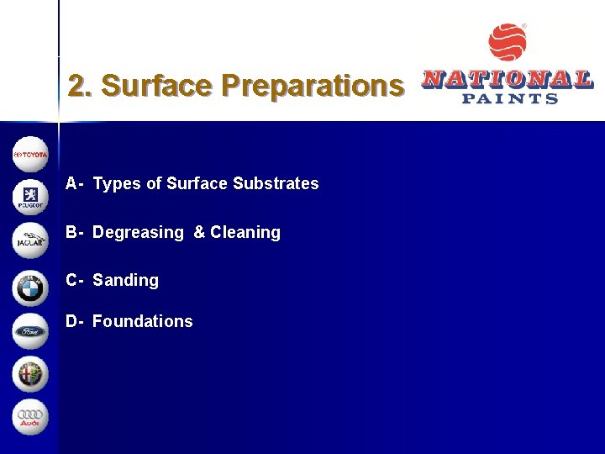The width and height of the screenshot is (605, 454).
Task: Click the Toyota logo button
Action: [x=31, y=155]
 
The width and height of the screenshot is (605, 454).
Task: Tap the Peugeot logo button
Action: [x=31, y=198]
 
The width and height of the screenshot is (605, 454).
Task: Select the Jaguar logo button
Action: [x=31, y=241]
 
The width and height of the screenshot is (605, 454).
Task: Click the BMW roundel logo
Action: [x=31, y=288]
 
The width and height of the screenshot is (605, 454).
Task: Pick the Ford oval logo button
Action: [x=31, y=331]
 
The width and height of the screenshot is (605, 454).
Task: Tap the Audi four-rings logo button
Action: [x=31, y=418]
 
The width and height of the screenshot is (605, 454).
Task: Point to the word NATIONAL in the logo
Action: [x=508, y=80]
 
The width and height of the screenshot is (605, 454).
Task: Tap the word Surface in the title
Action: [x=156, y=86]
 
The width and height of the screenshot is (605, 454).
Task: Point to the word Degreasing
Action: [x=138, y=232]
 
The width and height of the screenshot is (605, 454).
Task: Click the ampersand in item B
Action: [x=199, y=232]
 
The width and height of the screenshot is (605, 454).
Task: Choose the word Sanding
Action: [x=125, y=280]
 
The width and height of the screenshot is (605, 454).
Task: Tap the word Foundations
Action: [x=143, y=321]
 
